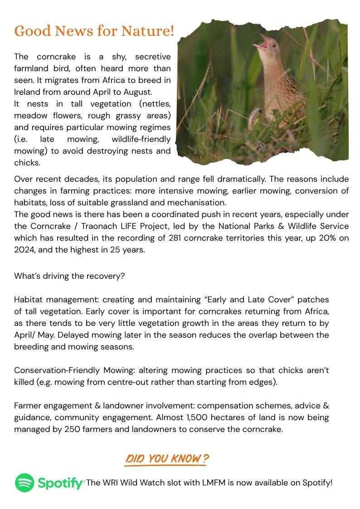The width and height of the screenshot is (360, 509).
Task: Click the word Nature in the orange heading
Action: [146, 31]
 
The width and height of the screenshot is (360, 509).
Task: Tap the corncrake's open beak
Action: [263, 44]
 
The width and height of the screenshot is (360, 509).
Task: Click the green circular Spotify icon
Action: [24, 483]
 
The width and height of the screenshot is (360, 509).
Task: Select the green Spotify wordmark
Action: [61, 483]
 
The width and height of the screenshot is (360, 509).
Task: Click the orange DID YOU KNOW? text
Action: [166, 458]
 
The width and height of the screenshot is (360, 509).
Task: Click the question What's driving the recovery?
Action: [69, 276]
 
